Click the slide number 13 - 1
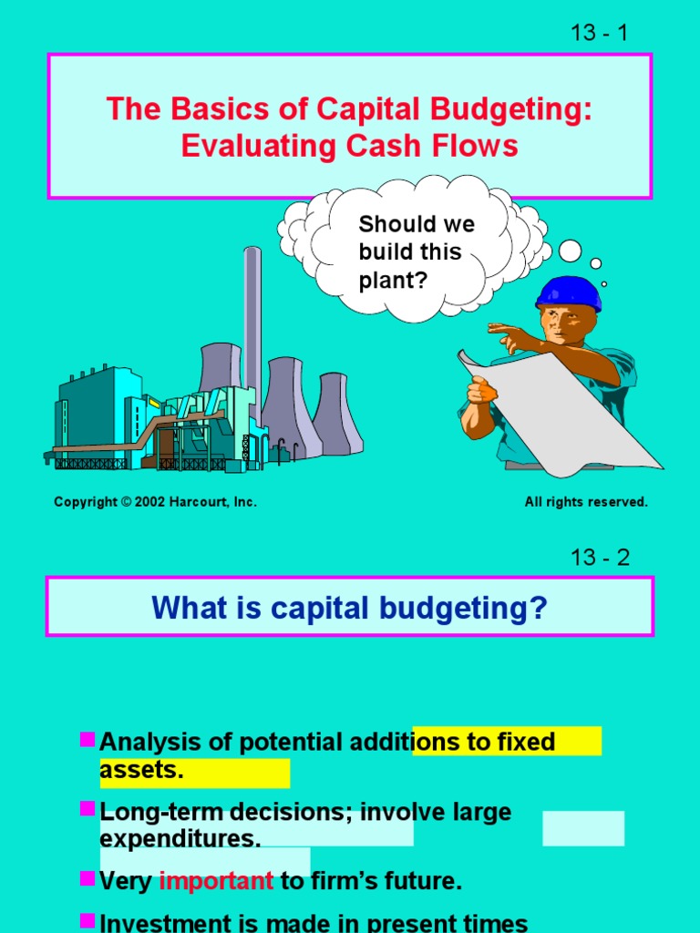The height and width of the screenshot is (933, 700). (x=599, y=33)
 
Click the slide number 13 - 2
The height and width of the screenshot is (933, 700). (x=599, y=558)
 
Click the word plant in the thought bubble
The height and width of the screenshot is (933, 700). (x=387, y=280)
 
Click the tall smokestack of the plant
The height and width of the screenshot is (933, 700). (x=252, y=319)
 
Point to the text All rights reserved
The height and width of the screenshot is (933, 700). (x=586, y=502)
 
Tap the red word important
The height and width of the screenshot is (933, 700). (x=216, y=881)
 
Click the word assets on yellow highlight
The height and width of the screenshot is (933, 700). (x=141, y=771)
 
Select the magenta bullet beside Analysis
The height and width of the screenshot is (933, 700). (x=87, y=739)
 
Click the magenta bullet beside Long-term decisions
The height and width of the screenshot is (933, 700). (x=87, y=809)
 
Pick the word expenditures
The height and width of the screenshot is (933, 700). (x=174, y=838)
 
